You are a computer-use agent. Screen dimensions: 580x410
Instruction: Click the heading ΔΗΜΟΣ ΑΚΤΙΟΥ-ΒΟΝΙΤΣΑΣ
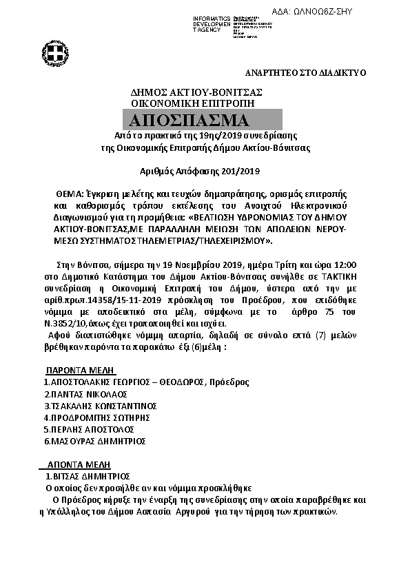(x=196, y=92)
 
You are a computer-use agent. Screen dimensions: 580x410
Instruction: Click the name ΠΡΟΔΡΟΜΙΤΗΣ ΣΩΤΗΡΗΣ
(x=96, y=417)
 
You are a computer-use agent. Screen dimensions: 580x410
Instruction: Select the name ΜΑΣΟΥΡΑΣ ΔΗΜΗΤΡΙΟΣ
(x=96, y=441)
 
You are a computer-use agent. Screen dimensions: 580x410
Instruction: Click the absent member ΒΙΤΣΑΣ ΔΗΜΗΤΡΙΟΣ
(x=89, y=476)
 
